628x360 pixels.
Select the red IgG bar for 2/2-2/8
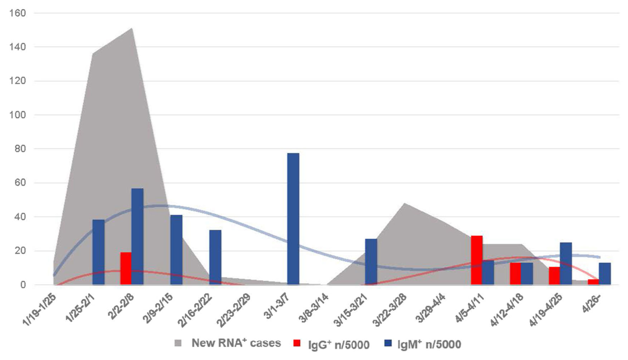(126, 268)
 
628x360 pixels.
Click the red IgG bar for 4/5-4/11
(477, 260)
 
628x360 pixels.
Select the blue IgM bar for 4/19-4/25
(566, 263)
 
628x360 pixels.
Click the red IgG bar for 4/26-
(593, 282)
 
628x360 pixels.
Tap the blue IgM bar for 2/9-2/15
(176, 250)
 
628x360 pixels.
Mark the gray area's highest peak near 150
(131, 29)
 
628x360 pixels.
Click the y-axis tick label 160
(18, 13)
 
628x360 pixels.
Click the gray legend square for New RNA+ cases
(178, 343)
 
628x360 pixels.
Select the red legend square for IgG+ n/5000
(297, 343)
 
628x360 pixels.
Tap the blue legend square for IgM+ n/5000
(388, 343)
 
